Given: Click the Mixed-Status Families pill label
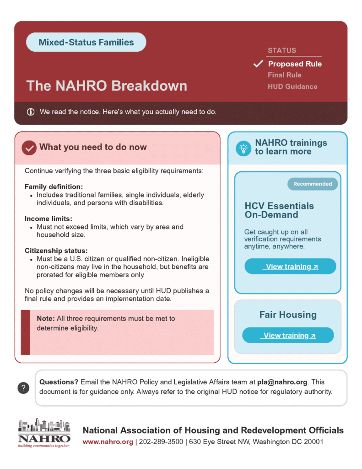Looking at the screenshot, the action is click(86, 42).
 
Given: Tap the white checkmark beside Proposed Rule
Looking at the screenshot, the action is click(258, 64).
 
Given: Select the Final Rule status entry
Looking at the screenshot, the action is click(284, 75).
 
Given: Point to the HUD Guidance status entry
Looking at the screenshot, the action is click(292, 87).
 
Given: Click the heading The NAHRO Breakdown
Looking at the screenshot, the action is click(107, 86).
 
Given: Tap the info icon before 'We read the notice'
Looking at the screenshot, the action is click(31, 112).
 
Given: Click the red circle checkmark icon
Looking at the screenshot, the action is click(29, 148).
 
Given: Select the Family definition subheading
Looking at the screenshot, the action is click(54, 187).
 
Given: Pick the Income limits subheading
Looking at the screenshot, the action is click(49, 218).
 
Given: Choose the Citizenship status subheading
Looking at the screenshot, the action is click(56, 251).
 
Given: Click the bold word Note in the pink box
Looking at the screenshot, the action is click(46, 319).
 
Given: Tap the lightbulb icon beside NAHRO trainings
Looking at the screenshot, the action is click(243, 148).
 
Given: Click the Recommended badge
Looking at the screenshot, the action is click(313, 184).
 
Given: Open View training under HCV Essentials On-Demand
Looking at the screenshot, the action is click(290, 266).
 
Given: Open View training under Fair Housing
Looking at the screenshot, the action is click(288, 335).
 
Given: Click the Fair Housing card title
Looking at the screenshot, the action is click(288, 315).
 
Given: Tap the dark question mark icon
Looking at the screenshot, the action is click(23, 388).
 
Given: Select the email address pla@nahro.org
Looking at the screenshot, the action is click(282, 382).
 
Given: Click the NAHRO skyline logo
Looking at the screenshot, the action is click(44, 433).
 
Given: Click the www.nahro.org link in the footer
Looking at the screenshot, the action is click(108, 442).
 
